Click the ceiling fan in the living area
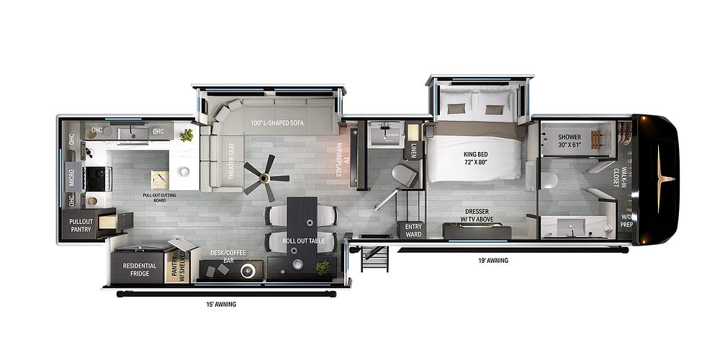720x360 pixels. (265, 177)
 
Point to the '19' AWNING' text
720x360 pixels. (493, 260)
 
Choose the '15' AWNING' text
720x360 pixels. (220, 304)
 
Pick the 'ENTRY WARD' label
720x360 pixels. (413, 229)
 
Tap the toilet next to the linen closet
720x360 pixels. (404, 175)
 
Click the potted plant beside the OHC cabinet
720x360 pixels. (186, 135)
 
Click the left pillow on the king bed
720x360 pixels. (456, 109)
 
